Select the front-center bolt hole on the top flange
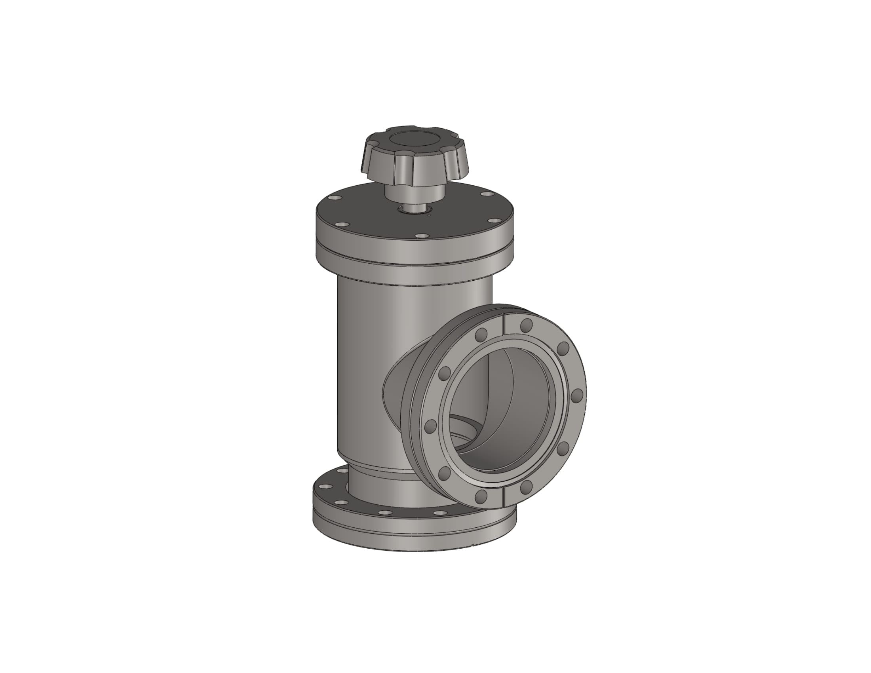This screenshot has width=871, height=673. [x=421, y=236]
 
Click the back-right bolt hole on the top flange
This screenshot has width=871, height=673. [x=487, y=194]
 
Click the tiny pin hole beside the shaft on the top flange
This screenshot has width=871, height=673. [x=429, y=216]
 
